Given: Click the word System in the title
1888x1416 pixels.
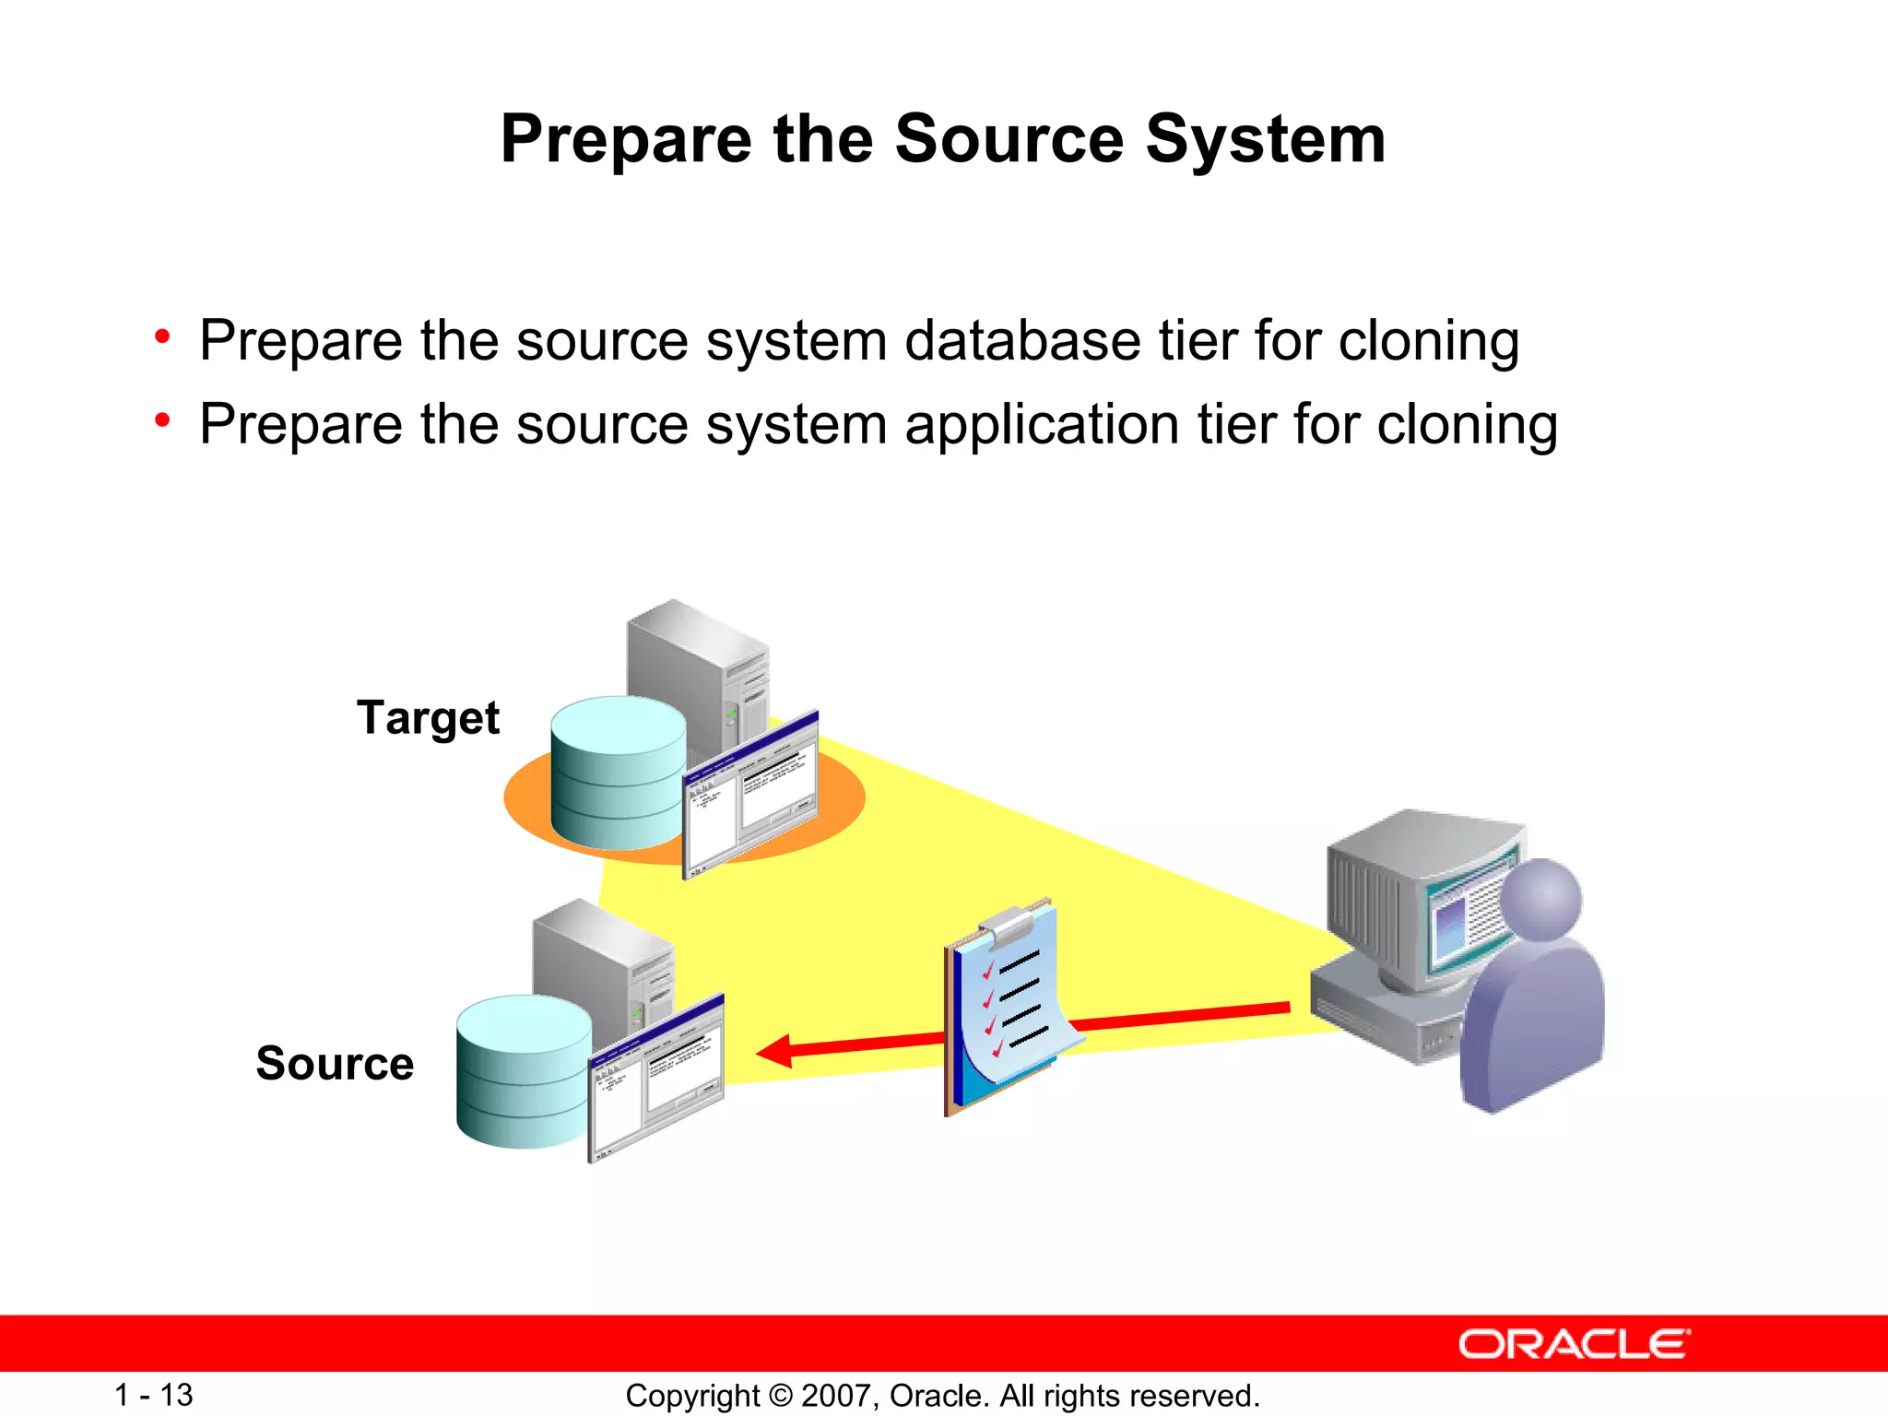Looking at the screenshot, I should [x=1265, y=140].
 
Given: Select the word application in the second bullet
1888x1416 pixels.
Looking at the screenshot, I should [x=1042, y=425].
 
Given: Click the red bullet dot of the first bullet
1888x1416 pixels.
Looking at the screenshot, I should [x=162, y=337].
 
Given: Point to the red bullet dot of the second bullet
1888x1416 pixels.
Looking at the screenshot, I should [x=162, y=421].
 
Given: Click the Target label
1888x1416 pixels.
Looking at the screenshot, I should [x=428, y=718].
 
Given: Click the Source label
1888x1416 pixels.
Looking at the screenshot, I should [x=335, y=1064].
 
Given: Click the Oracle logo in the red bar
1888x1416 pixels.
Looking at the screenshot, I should [x=1574, y=1344].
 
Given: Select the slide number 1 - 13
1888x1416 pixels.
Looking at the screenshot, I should [x=153, y=1395].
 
